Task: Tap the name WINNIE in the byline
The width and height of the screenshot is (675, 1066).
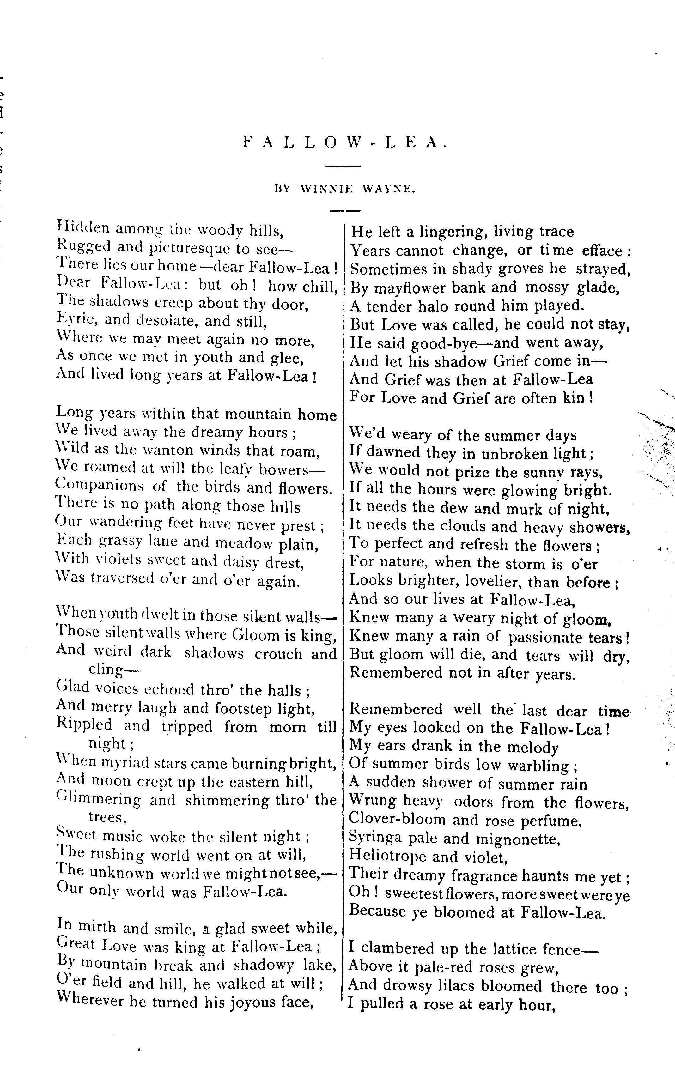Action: click(x=326, y=189)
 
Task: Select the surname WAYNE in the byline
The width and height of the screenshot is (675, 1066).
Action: click(x=388, y=189)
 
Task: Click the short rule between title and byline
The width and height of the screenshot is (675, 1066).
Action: click(x=343, y=167)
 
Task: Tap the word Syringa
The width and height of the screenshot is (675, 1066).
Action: click(x=374, y=838)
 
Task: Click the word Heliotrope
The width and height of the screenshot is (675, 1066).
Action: click(x=387, y=857)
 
